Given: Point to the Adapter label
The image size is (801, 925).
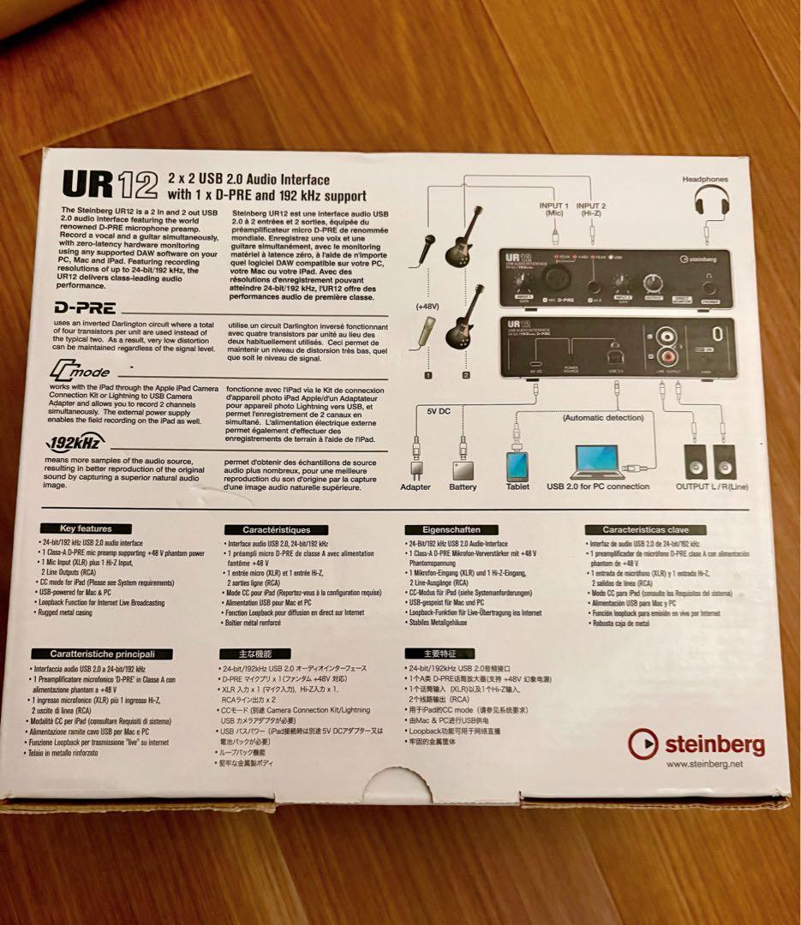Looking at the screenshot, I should (x=415, y=487).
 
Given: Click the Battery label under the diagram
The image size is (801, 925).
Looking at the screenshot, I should (x=463, y=487).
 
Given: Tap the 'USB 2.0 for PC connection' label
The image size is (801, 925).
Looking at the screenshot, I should (x=598, y=486).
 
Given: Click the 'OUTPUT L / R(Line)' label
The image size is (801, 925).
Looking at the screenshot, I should (x=711, y=486).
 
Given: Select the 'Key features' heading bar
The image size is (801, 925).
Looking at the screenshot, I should (x=86, y=528).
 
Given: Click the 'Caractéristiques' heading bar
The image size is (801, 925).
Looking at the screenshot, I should (x=276, y=530).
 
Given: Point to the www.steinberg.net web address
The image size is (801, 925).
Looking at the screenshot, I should (x=703, y=764).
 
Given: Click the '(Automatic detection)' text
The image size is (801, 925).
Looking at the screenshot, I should (x=603, y=418).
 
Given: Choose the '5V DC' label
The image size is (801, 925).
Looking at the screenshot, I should (x=439, y=411).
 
